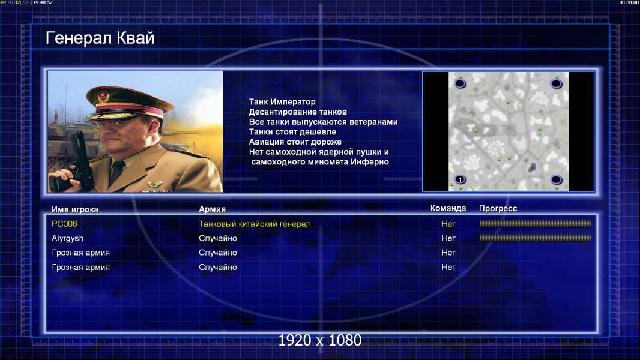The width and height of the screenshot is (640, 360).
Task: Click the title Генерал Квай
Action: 100,38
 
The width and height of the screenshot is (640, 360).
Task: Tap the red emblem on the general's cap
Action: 103,97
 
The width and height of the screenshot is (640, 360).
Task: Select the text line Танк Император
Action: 282,102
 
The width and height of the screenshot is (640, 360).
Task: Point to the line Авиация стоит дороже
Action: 295,142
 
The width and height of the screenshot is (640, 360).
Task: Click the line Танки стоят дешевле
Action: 292,131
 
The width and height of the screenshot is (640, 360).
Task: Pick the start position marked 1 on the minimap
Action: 460,179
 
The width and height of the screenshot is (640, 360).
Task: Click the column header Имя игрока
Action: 74,209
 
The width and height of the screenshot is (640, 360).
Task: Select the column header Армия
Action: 213,209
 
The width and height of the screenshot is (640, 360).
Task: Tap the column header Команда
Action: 448,208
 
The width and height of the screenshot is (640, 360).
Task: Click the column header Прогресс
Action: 498,208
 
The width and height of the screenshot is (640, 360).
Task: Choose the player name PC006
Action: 64,224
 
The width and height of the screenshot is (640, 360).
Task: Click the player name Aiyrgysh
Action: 67,239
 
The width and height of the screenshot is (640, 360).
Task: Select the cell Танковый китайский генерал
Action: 255,224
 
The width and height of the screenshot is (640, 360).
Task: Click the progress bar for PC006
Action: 536,223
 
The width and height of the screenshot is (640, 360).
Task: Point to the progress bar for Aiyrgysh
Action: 536,238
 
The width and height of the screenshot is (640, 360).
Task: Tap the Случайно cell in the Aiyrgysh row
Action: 218,239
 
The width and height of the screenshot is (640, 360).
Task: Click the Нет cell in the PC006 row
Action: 448,224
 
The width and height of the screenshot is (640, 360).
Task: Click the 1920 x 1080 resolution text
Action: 320,340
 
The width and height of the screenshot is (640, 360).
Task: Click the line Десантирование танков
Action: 298,112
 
